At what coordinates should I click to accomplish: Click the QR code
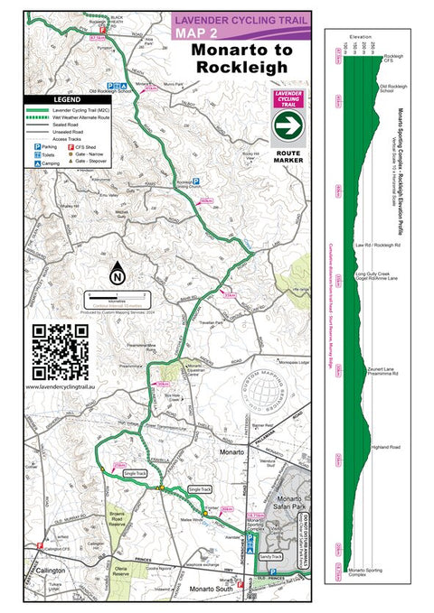(61, 351)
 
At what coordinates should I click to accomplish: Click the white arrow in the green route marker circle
(286, 127)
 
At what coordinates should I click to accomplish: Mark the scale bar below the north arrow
(117, 294)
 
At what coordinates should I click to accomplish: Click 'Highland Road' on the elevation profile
(388, 449)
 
